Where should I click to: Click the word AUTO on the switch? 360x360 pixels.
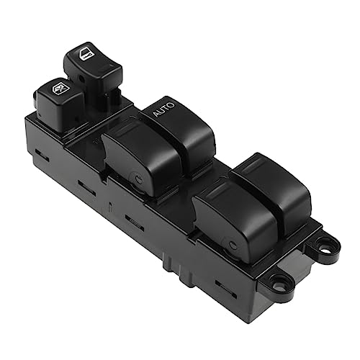pyautogui.click(x=164, y=109)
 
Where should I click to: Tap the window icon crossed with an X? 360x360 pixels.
pyautogui.click(x=60, y=89)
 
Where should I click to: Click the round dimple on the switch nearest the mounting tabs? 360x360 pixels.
pyautogui.click(x=231, y=246)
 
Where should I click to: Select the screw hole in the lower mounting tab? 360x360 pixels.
pyautogui.click(x=278, y=285)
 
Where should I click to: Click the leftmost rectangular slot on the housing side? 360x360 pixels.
pyautogui.click(x=42, y=156)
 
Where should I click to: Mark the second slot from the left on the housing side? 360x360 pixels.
pyautogui.click(x=87, y=188)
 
